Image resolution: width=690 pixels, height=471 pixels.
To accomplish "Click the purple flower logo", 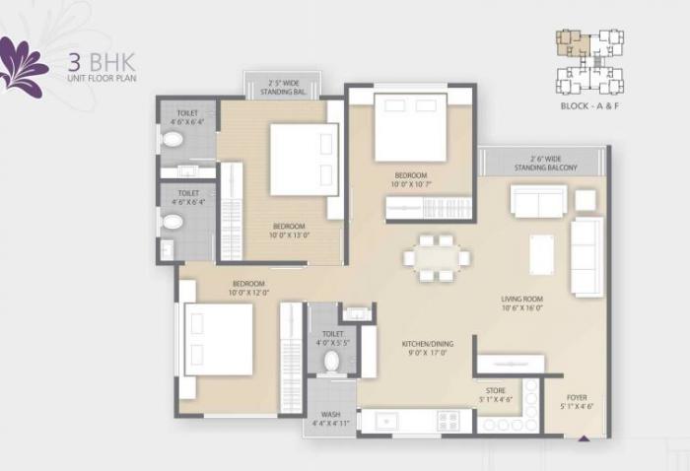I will click(x=22, y=67).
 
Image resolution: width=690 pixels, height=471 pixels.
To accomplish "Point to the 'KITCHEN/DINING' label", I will click(x=426, y=345).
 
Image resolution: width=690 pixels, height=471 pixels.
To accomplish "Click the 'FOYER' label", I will click(x=577, y=398).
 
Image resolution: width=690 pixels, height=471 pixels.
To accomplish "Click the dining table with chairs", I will click(x=436, y=256).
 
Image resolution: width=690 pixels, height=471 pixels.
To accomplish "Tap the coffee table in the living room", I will click(x=541, y=253).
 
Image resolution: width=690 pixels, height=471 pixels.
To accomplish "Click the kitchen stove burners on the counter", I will click(x=448, y=421).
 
